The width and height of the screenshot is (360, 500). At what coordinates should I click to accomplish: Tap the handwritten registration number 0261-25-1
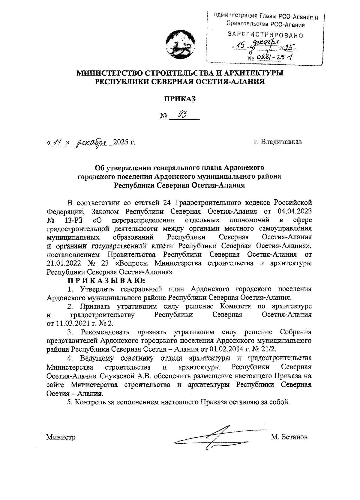pos(274,57)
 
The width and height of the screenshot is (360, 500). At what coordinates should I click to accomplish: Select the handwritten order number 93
pos(183,114)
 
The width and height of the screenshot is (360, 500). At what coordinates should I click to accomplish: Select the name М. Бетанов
pos(289,437)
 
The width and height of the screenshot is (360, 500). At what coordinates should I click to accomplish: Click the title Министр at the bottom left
pos(61,437)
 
